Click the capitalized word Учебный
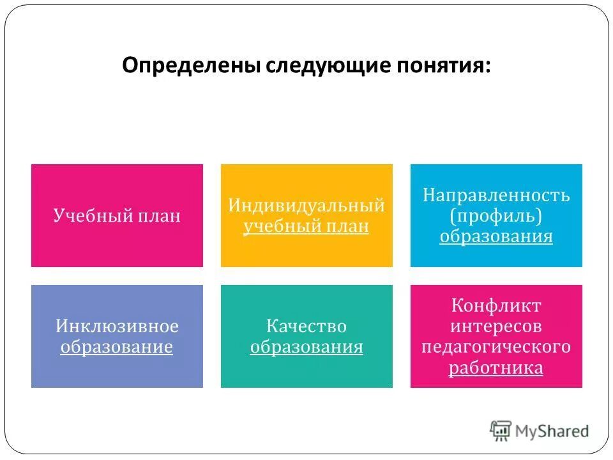coord(93,216)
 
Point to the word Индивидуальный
coord(306,206)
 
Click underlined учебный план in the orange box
coord(306,227)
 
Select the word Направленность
coord(496,195)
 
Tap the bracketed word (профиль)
coord(496,216)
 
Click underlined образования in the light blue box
coord(496,237)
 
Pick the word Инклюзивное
coord(117,326)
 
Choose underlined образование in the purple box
coord(117,347)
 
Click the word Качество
coord(306,326)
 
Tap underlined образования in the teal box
coord(306,347)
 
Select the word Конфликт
coord(496,305)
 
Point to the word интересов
coord(496,326)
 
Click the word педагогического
coord(496,347)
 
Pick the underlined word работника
coord(496,368)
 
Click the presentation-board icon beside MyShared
coord(501,431)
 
